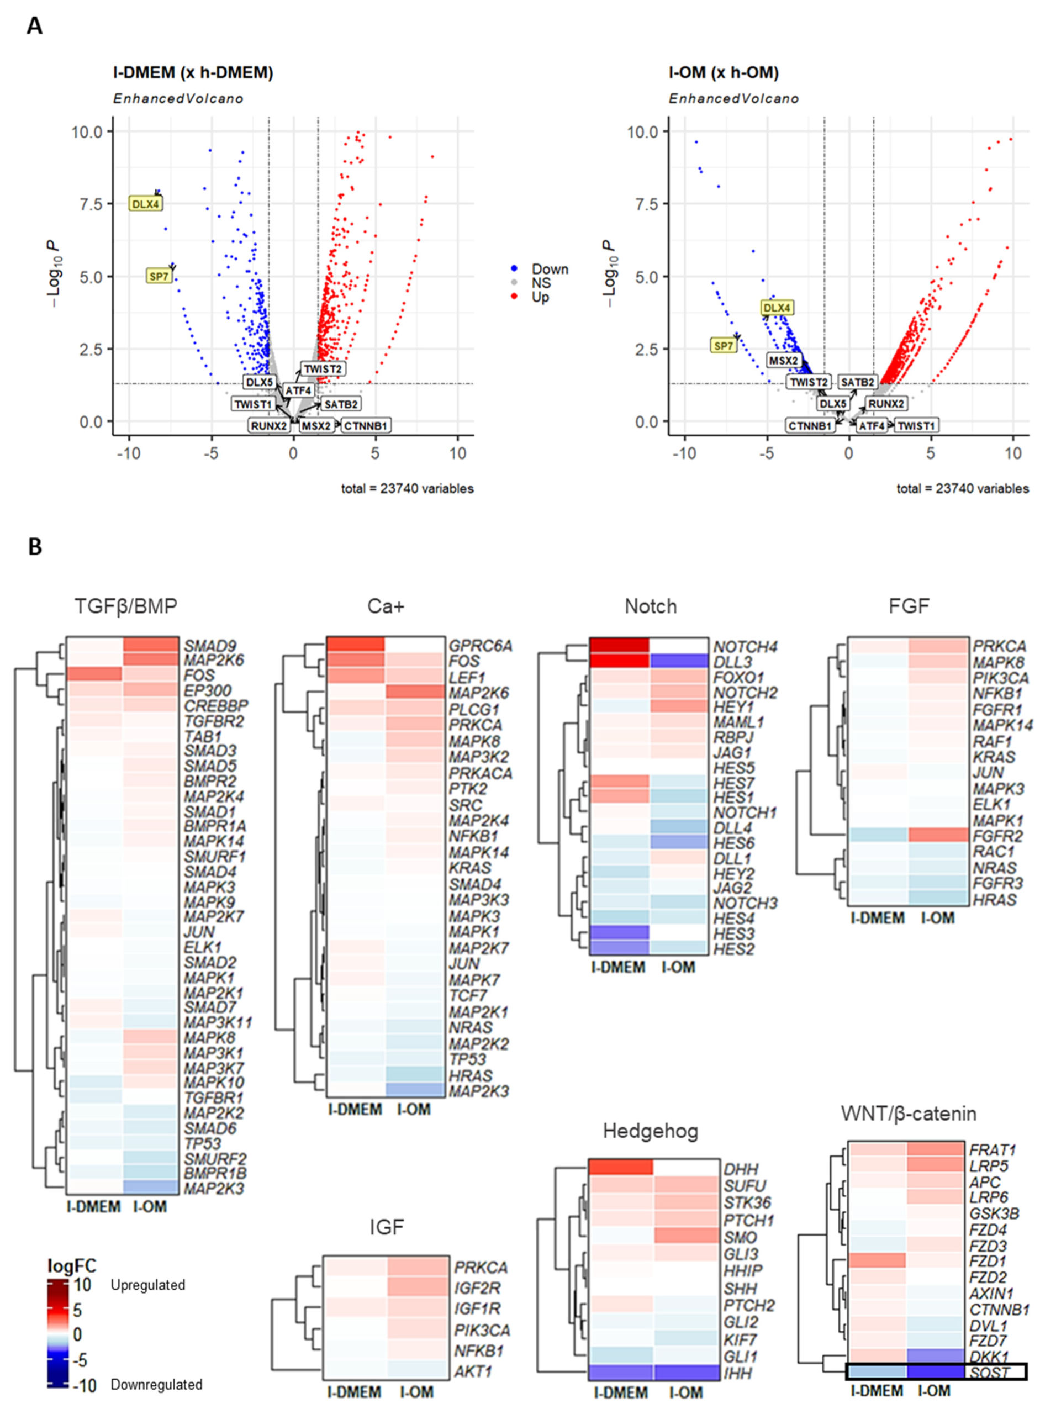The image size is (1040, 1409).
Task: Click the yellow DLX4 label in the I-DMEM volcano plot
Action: (x=145, y=204)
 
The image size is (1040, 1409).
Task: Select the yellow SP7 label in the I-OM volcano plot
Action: (x=724, y=346)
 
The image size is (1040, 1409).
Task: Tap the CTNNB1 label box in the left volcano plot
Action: (x=365, y=426)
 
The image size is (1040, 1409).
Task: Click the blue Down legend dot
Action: (x=514, y=269)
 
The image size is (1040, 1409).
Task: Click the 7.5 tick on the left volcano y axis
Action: (x=91, y=204)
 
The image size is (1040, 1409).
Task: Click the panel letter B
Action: (x=35, y=546)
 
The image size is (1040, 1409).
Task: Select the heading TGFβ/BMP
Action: (x=125, y=606)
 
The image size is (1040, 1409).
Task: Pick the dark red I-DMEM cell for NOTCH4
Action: (x=618, y=645)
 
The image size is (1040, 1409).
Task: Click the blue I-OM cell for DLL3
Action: (x=679, y=661)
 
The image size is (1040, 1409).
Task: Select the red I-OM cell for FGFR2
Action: (x=938, y=836)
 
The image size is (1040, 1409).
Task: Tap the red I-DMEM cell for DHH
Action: (x=620, y=1167)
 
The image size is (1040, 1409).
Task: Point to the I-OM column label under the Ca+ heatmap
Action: (x=414, y=1126)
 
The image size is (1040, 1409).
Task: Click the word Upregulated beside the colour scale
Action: (x=148, y=1285)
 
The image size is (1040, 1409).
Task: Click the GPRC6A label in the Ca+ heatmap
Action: (x=480, y=646)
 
